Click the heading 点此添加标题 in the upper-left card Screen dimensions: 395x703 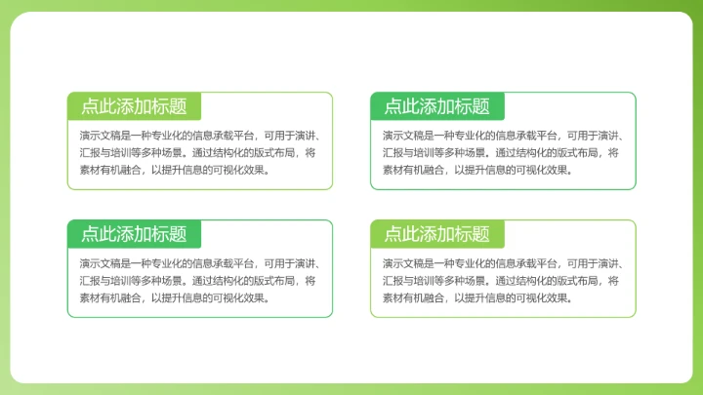point(134,106)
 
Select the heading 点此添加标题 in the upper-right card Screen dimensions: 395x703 point(436,106)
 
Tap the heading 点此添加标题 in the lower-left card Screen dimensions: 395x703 point(134,234)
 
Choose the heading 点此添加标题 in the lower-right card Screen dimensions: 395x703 point(436,234)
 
